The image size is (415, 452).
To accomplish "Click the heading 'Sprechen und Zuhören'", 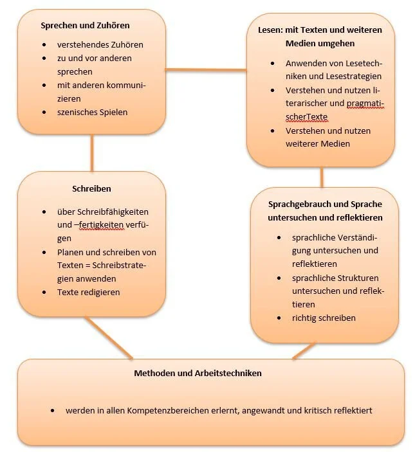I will pos(85,26).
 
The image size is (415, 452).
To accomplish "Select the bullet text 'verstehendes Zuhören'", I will pos(100,45).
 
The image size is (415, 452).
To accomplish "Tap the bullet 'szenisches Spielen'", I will pos(93,113).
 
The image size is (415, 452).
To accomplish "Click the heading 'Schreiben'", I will pos(91,189).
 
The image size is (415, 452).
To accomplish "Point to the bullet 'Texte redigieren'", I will pos(89,292).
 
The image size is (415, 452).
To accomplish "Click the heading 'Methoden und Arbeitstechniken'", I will pos(198,373).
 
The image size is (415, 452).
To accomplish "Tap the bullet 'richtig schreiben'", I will pos(324,318).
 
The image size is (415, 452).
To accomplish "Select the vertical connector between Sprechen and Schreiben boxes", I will pos(92,152).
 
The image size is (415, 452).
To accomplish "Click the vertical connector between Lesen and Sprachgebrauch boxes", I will pos(322,176).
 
